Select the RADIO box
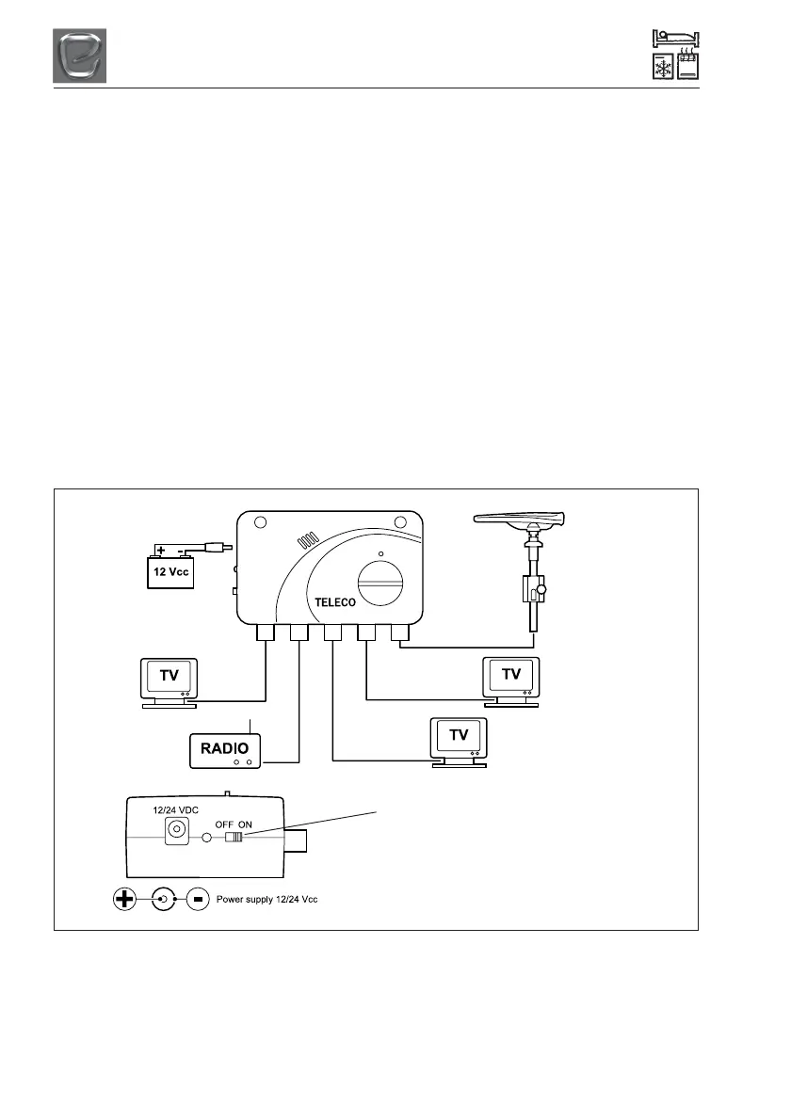225,749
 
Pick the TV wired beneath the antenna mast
510,678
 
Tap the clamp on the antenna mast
534,592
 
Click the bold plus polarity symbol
123,900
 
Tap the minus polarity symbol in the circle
199,900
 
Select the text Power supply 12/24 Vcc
267,900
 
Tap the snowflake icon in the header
662,67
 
